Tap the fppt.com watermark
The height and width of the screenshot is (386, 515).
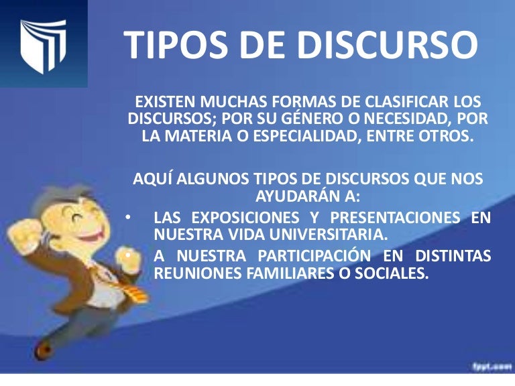[x=487, y=366]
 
